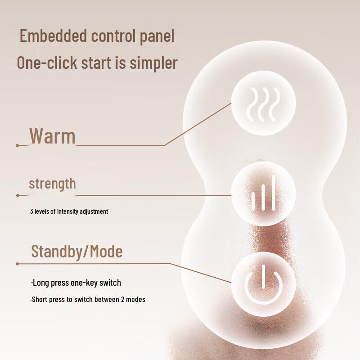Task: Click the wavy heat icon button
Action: pyautogui.click(x=264, y=104)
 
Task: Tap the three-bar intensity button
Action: pyautogui.click(x=264, y=195)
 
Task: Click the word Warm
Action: pyautogui.click(x=52, y=135)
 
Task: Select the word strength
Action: pyautogui.click(x=52, y=184)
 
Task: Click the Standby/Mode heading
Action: pyautogui.click(x=76, y=252)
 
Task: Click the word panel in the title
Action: pyautogui.click(x=156, y=36)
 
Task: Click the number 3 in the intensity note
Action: pyautogui.click(x=31, y=211)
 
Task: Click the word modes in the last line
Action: pyautogui.click(x=135, y=299)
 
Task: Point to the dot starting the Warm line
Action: pyautogui.click(x=17, y=145)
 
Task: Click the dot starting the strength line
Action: pyautogui.click(x=18, y=195)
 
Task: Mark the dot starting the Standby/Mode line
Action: pyautogui.click(x=17, y=264)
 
